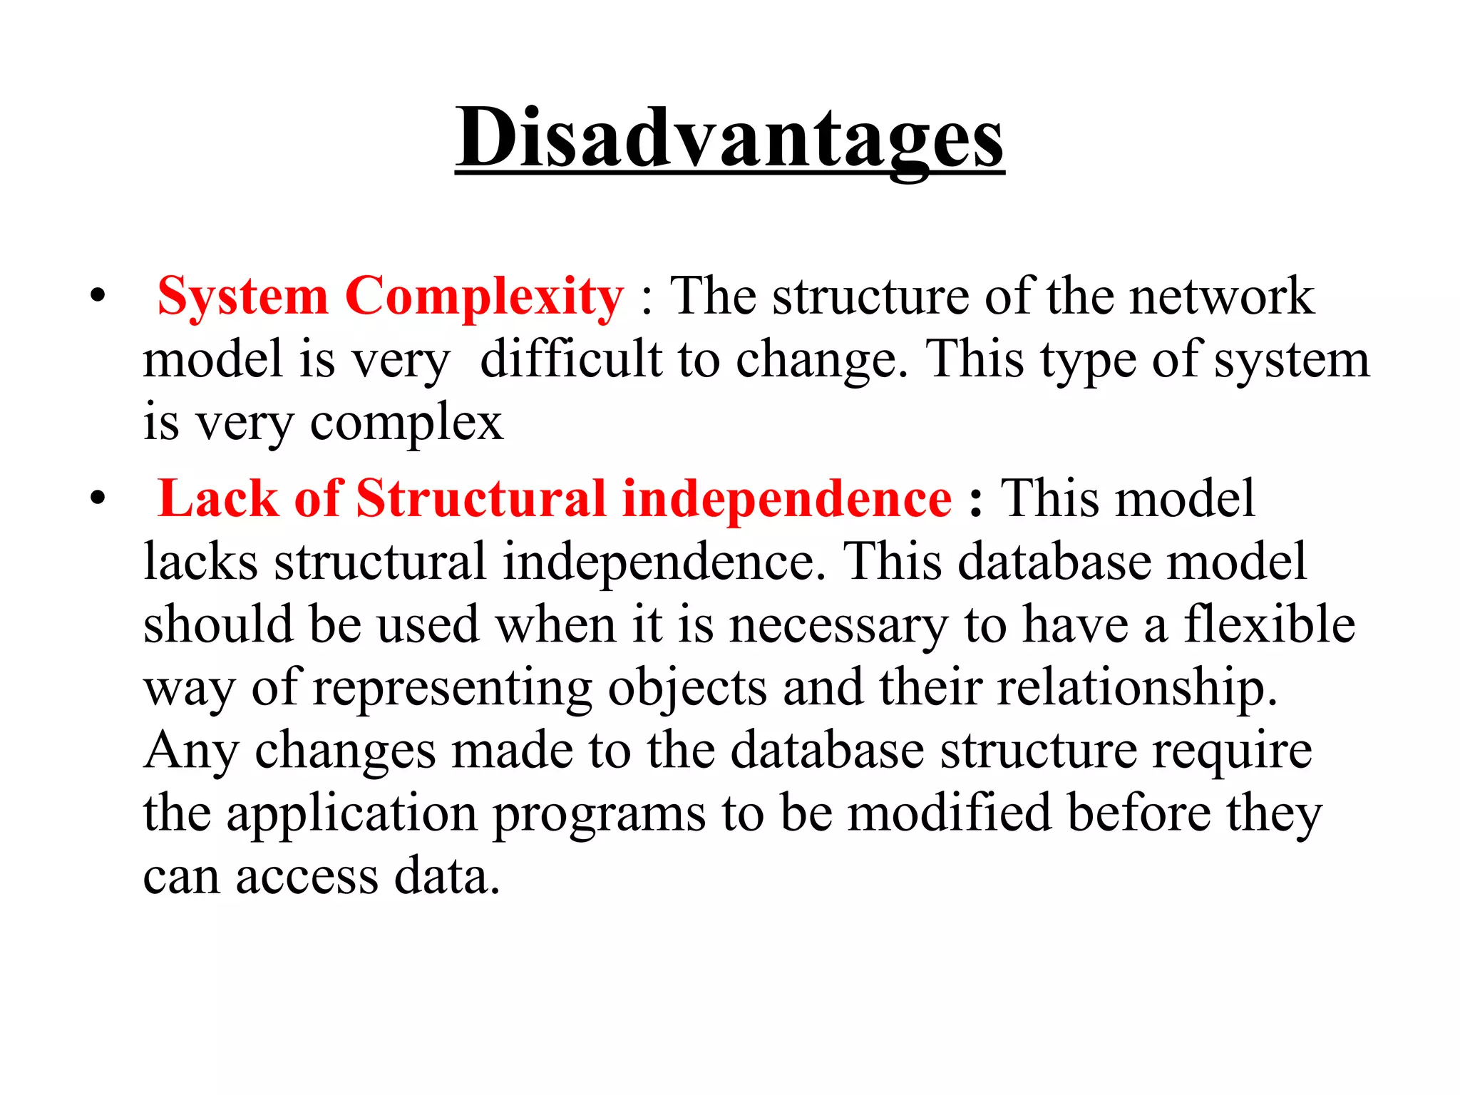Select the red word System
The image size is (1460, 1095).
[242, 296]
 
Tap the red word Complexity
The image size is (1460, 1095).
[484, 296]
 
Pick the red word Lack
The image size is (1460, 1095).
[217, 498]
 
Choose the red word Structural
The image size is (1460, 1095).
[481, 498]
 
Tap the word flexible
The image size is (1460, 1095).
[1270, 624]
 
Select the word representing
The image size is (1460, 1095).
[452, 689]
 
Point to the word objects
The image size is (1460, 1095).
[687, 689]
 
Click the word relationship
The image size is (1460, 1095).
[1136, 687]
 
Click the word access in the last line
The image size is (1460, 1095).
[307, 877]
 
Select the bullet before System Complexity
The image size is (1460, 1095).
[98, 296]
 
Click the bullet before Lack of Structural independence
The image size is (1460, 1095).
[98, 498]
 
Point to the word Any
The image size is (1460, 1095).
[190, 751]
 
